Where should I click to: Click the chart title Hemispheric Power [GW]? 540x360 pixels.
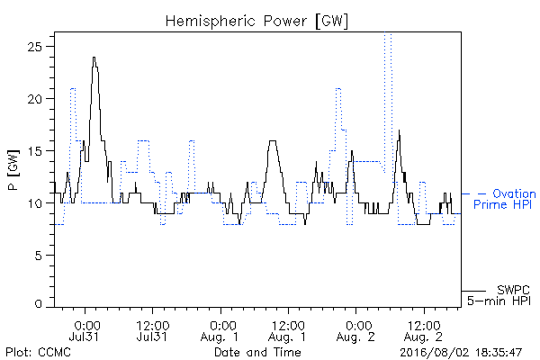[256, 22]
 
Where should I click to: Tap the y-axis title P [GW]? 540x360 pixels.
[13, 170]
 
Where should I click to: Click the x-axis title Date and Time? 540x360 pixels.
[257, 353]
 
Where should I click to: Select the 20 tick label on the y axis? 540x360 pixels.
[34, 99]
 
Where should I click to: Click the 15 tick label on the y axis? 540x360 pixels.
[34, 151]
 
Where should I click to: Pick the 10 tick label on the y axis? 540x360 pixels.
[34, 203]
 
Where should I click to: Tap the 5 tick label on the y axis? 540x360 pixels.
[39, 256]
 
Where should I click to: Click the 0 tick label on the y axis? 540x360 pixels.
[39, 304]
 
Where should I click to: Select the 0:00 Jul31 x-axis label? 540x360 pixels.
[85, 331]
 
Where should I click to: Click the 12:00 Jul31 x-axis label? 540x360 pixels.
[152, 331]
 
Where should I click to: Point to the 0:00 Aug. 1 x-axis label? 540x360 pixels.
[220, 331]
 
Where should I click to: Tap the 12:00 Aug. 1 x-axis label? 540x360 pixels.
[288, 331]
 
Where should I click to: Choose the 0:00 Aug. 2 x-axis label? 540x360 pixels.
[355, 331]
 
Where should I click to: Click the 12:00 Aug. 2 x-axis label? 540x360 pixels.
[424, 331]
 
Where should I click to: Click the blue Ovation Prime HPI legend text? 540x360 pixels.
[505, 199]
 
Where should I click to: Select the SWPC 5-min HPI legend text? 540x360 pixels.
[499, 295]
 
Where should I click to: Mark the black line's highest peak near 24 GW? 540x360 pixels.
[94, 58]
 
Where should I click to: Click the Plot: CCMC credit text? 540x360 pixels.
[38, 353]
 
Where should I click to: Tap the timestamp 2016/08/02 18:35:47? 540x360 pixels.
[461, 353]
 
